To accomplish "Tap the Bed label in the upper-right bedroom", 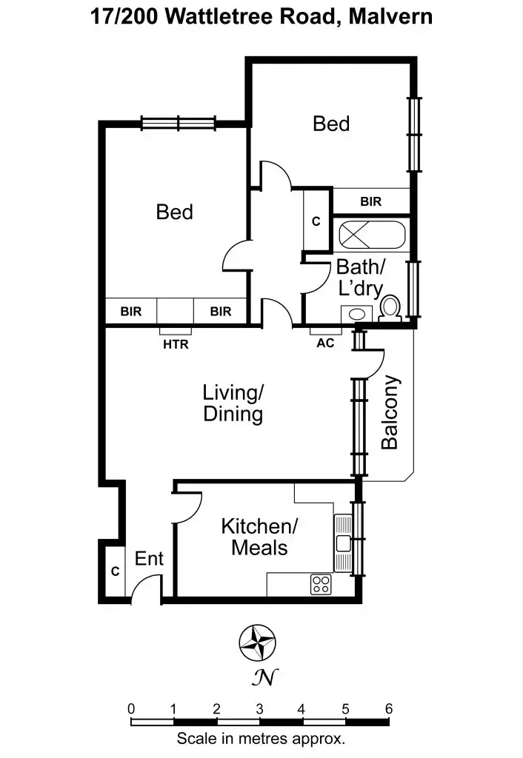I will (x=330, y=124).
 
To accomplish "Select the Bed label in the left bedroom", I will (x=174, y=212).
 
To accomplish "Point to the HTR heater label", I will (x=176, y=344).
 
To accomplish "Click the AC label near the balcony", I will (x=325, y=343).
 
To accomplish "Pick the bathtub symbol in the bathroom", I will (x=373, y=236).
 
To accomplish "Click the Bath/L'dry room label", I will (x=361, y=277).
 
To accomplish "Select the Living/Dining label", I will (x=233, y=403).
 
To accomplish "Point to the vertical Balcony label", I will (x=390, y=412).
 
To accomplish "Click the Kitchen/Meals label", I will (x=259, y=537).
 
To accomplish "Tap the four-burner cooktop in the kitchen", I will (x=321, y=584).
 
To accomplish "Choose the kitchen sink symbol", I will (x=343, y=542).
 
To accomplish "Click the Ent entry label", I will (x=149, y=559).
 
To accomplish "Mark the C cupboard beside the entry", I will (x=115, y=571).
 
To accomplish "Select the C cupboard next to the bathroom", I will (x=315, y=221).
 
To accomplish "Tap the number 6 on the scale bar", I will (x=388, y=708).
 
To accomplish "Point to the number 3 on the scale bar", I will (x=259, y=708).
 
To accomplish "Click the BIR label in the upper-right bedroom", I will (x=370, y=201).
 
